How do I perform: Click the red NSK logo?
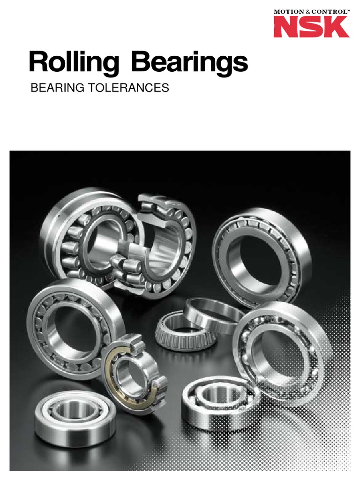coord(311,26)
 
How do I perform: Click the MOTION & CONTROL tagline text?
coord(311,9)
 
